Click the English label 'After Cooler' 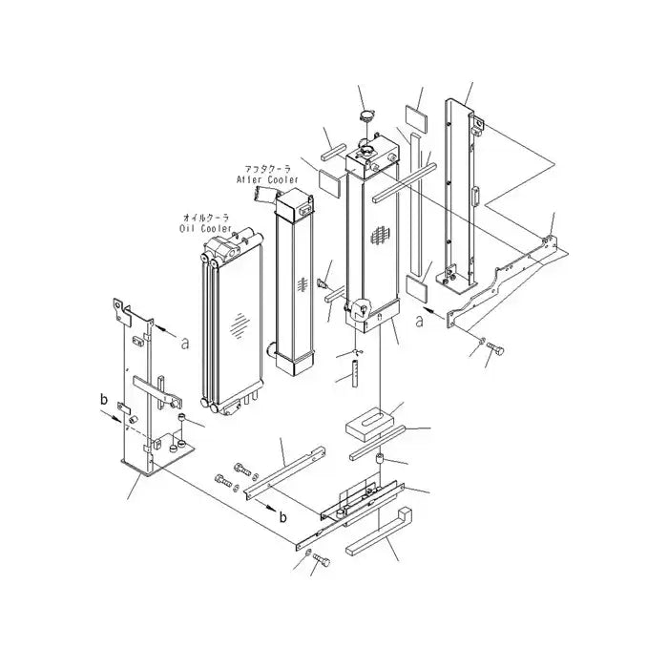[267, 177]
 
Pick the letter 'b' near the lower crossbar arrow [282, 516]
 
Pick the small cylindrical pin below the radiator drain [350, 371]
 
